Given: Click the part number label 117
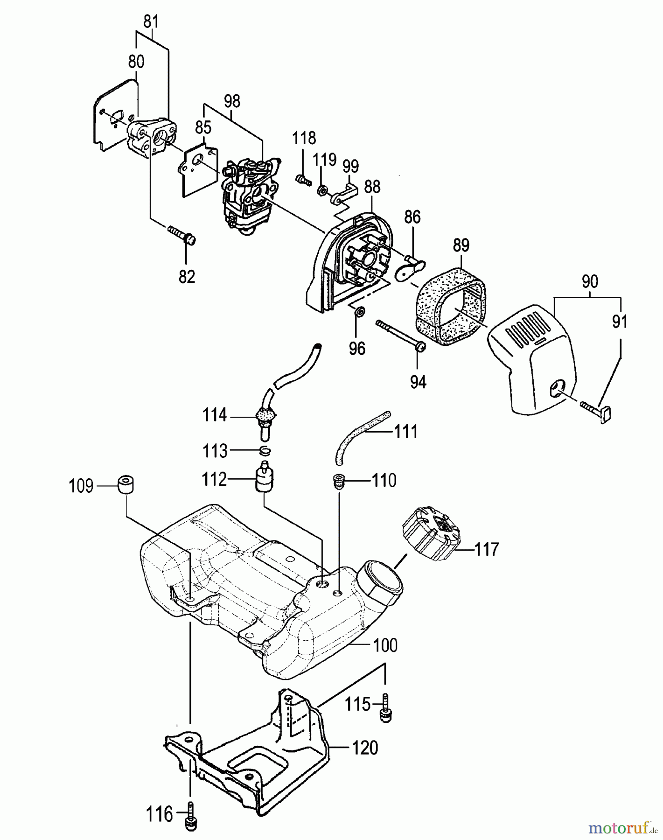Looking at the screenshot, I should pyautogui.click(x=487, y=549).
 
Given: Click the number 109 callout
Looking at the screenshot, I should pyautogui.click(x=81, y=486).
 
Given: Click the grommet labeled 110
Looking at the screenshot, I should pyautogui.click(x=338, y=481).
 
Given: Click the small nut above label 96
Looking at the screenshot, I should pyautogui.click(x=359, y=311).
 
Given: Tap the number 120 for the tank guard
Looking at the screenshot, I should pyautogui.click(x=364, y=748).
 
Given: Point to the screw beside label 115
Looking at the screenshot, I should pyautogui.click(x=385, y=708).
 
